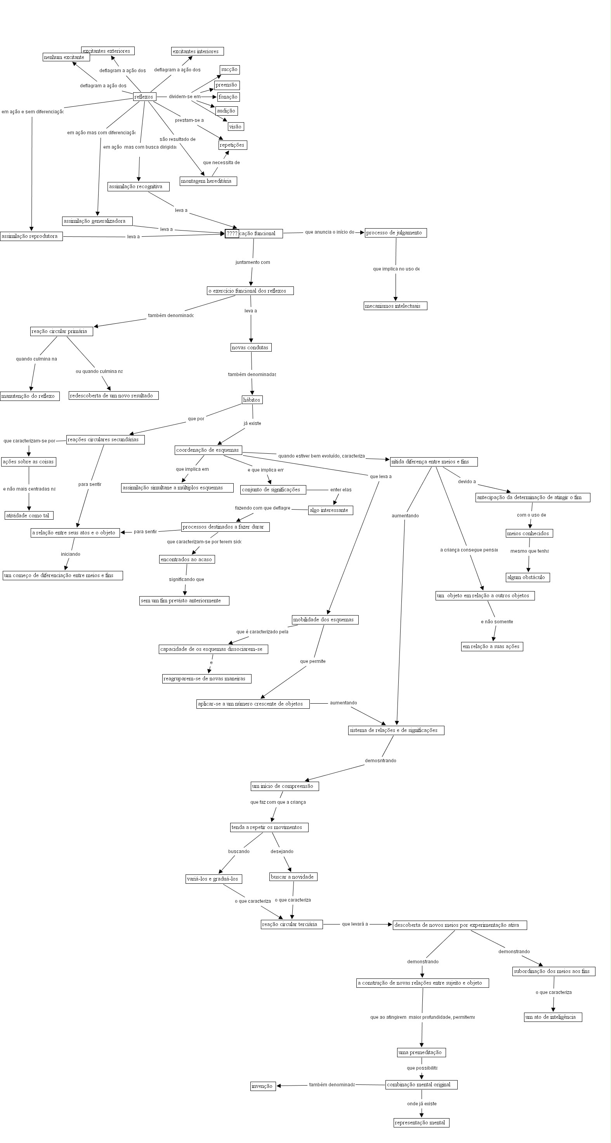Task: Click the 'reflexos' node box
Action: (144, 97)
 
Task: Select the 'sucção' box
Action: (229, 69)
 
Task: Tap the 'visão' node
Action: (236, 127)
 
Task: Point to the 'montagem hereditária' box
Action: (208, 181)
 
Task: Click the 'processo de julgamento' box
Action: (395, 232)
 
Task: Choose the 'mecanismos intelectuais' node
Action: (395, 306)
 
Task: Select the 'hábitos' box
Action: (252, 400)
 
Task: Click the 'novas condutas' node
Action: (251, 347)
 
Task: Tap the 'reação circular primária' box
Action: (61, 331)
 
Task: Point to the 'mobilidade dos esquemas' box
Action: (325, 619)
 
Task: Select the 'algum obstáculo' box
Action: (528, 577)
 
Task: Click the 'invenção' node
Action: (262, 1086)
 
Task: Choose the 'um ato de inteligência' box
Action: (552, 1017)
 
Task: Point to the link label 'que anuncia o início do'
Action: (329, 232)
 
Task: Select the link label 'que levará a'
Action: (354, 924)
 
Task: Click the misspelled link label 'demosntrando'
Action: (380, 761)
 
